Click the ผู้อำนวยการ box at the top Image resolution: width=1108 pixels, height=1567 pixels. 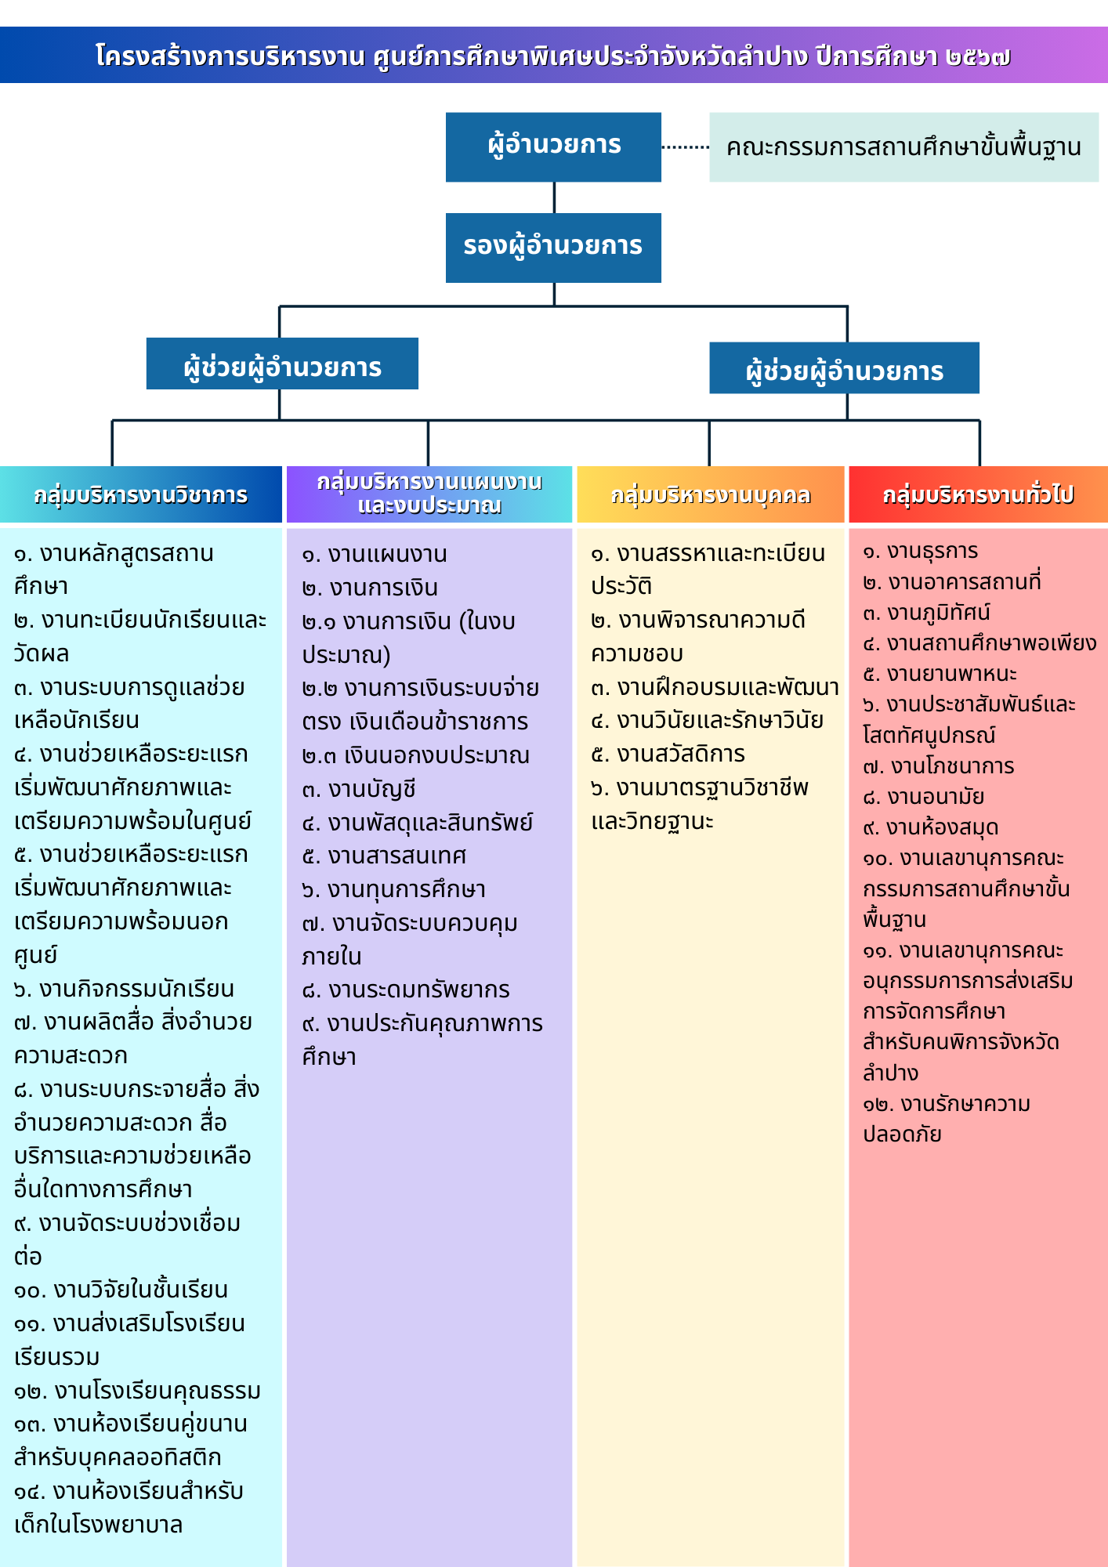click(x=553, y=147)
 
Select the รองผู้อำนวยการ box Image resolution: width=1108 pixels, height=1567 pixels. click(x=553, y=248)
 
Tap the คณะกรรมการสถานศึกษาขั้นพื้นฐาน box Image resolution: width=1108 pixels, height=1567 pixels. click(x=903, y=147)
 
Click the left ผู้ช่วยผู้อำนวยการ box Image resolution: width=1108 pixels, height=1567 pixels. click(x=282, y=364)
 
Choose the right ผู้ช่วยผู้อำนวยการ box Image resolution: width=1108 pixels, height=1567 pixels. click(x=844, y=367)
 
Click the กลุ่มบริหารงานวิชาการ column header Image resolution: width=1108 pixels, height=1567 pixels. click(x=141, y=494)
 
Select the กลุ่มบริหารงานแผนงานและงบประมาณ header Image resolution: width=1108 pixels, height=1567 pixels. click(x=429, y=494)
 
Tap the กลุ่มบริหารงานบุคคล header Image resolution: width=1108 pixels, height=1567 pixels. click(x=711, y=494)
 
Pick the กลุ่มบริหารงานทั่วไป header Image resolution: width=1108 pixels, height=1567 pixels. click(x=978, y=494)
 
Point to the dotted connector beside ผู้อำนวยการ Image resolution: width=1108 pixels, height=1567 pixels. click(x=686, y=147)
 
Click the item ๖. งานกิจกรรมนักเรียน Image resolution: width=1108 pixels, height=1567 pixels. click(x=124, y=989)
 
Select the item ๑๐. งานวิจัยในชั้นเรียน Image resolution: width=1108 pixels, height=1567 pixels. click(x=121, y=1290)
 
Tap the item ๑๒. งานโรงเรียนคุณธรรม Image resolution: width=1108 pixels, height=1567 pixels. click(x=137, y=1391)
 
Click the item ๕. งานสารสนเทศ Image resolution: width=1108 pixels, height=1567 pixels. click(x=384, y=856)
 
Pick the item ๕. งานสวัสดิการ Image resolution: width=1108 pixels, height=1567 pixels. click(x=668, y=754)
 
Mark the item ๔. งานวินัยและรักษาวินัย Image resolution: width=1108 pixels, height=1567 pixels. click(x=707, y=720)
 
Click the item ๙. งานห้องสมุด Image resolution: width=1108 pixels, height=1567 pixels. click(x=931, y=827)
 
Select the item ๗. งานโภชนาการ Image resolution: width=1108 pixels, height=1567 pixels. click(x=939, y=765)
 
